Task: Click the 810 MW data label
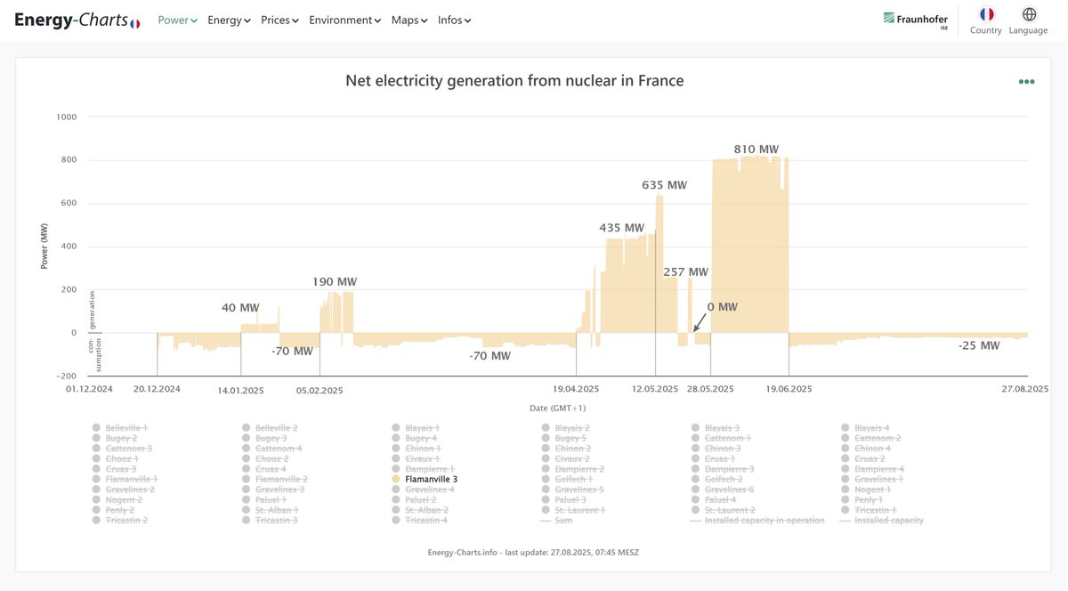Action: (x=756, y=150)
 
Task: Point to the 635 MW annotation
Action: (x=664, y=185)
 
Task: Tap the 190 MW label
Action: (x=335, y=282)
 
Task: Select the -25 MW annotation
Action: (x=979, y=345)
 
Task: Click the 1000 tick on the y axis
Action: (x=67, y=117)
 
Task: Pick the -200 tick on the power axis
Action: (x=67, y=376)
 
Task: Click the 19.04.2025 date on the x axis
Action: (x=576, y=389)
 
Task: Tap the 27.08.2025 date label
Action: (x=1025, y=389)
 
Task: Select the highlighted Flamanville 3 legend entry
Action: (x=431, y=479)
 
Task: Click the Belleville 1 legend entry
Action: (x=126, y=428)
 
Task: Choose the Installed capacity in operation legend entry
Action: (x=764, y=520)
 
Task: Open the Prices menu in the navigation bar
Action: (x=279, y=20)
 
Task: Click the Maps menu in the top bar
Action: (x=409, y=20)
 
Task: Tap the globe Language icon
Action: (x=1029, y=14)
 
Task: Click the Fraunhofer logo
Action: (x=915, y=19)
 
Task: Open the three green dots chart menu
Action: (x=1026, y=82)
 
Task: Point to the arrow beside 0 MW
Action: (x=699, y=323)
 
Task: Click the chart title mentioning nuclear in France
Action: (x=514, y=81)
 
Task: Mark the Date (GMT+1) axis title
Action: (x=557, y=408)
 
